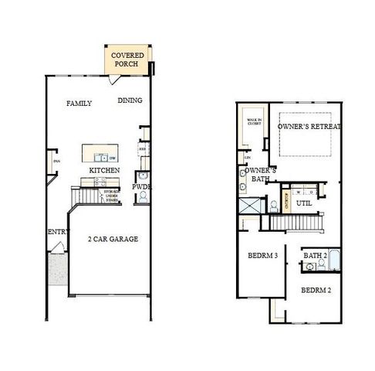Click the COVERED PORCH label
[127, 60]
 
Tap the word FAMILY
[79, 103]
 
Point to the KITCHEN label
[103, 170]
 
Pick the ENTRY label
[59, 232]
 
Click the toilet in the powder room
[142, 197]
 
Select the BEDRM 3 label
[262, 255]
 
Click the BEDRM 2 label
[316, 291]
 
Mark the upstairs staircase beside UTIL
[294, 223]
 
